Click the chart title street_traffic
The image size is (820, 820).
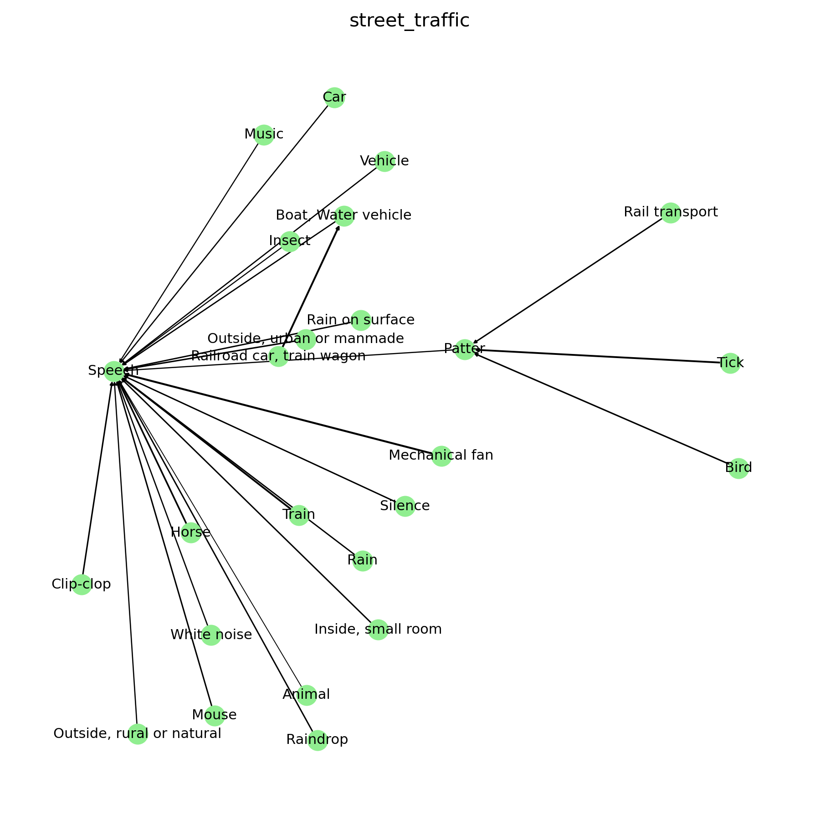click(x=409, y=21)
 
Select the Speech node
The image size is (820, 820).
click(x=114, y=371)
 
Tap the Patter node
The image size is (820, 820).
click(x=465, y=349)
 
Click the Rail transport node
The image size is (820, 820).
click(x=671, y=213)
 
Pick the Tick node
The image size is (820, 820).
click(x=730, y=363)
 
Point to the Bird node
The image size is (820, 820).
click(x=738, y=468)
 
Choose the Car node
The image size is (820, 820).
click(x=334, y=97)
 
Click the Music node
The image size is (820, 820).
click(x=264, y=134)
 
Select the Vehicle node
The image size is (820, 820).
click(x=384, y=161)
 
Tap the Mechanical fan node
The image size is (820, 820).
click(x=441, y=456)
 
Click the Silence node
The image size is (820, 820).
click(x=405, y=506)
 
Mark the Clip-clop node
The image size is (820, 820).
click(x=82, y=584)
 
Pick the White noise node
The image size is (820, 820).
click(x=211, y=635)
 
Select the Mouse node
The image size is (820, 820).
click(x=214, y=715)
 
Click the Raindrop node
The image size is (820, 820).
click(x=317, y=740)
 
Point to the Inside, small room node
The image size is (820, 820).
click(x=378, y=630)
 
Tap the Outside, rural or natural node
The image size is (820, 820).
click(x=138, y=734)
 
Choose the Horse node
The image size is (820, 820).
click(x=191, y=533)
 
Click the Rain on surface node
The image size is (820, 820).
click(x=361, y=320)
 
